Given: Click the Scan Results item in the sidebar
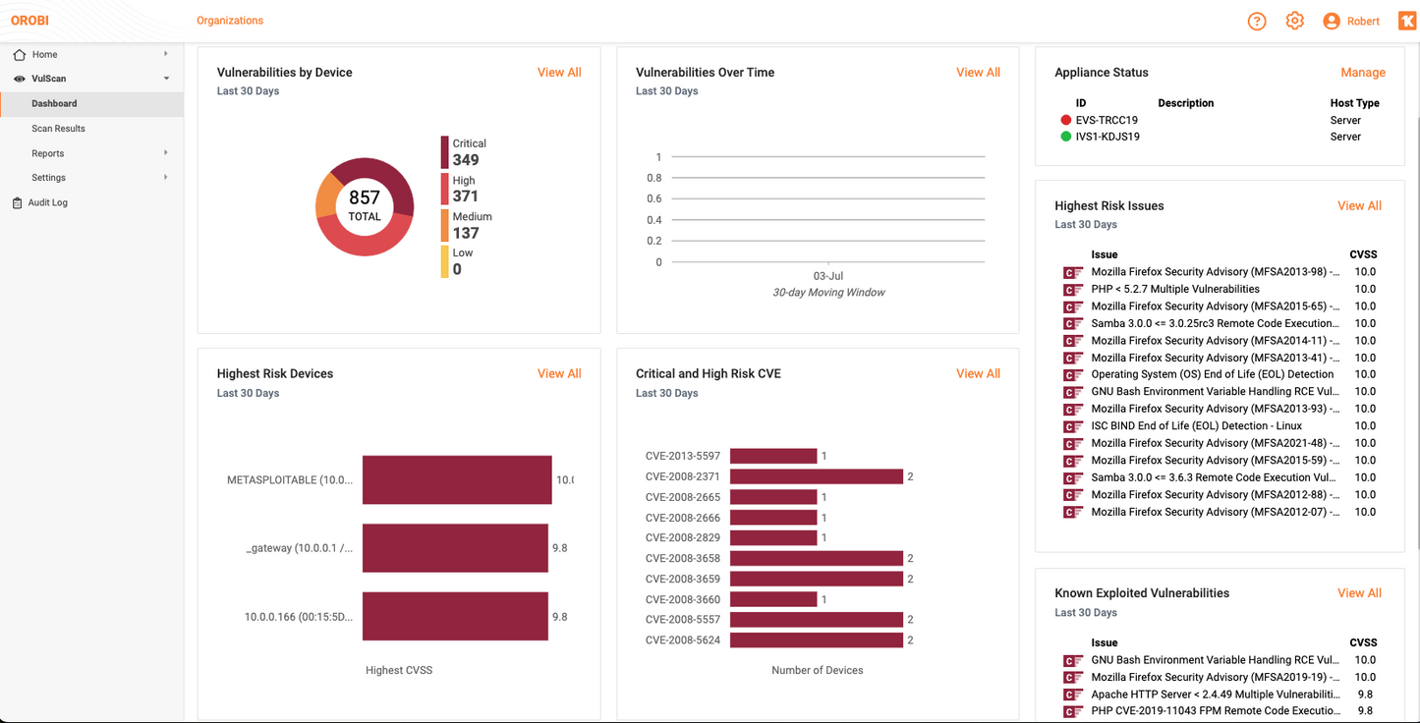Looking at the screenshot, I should point(58,129).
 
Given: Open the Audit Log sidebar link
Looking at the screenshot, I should point(47,202).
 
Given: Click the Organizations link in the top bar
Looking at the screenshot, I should point(230,21).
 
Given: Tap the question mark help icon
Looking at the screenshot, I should point(1257,22).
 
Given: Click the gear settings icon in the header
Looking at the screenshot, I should point(1295,21).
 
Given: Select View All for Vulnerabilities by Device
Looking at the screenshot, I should point(559,73).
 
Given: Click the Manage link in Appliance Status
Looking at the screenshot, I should point(1363,73).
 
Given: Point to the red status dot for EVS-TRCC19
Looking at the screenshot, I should point(1066,120).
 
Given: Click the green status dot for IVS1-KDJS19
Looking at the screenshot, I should point(1066,137).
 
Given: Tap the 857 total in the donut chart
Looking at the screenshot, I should point(365,198).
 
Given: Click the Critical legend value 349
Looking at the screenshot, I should point(466,160).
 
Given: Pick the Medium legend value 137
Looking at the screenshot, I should point(466,233).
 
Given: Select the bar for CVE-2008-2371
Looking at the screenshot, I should point(816,476).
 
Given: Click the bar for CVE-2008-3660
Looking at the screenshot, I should point(773,599).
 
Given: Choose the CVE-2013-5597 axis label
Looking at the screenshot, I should point(683,456).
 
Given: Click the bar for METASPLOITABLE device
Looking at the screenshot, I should point(457,479).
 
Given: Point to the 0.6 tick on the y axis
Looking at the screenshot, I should point(653,199).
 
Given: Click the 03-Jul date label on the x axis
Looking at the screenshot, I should point(828,276).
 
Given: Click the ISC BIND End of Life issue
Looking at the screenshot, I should point(1196,426).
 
